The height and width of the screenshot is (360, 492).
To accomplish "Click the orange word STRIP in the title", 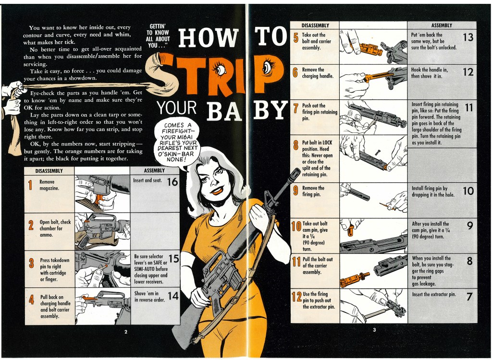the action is (217, 74).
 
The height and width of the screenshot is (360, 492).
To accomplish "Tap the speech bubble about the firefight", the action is (178, 142).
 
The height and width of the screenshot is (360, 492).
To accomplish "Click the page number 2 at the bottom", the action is (126, 332).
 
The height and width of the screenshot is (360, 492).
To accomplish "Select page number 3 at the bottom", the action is (374, 330).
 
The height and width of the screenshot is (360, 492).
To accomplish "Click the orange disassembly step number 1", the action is (30, 185).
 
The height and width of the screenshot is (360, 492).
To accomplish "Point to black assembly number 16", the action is (172, 182).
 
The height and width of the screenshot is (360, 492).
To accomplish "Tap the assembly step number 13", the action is (468, 37).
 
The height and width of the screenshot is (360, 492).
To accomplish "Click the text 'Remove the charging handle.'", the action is (318, 73).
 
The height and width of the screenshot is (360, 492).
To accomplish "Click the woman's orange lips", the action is (217, 189).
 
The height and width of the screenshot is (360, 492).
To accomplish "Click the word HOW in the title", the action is (208, 37).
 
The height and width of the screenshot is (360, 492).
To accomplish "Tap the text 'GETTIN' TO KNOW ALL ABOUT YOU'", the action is (158, 36).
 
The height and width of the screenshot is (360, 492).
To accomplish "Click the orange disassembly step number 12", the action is (296, 296).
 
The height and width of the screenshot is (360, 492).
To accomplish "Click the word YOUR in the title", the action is (177, 108).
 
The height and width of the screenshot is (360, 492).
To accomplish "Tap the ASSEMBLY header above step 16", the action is (154, 170).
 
